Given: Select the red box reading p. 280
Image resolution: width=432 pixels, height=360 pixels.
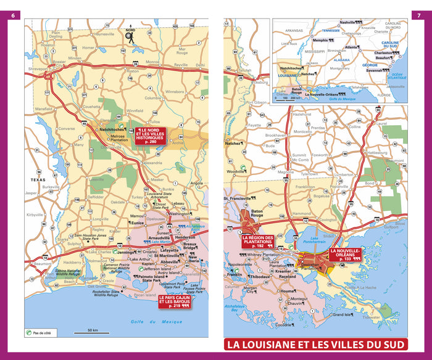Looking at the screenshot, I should click(x=150, y=135).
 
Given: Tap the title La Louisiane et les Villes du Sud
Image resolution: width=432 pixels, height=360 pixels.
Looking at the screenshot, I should click(x=315, y=344).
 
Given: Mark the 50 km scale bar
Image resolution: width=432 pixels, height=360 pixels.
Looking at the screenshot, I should click(x=93, y=333).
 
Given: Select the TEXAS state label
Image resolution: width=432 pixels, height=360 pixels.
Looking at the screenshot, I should click(x=38, y=179).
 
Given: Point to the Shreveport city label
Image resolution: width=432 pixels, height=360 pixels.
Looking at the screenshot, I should click(x=38, y=69).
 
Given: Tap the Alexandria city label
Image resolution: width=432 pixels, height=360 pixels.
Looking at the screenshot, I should click(x=152, y=163).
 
